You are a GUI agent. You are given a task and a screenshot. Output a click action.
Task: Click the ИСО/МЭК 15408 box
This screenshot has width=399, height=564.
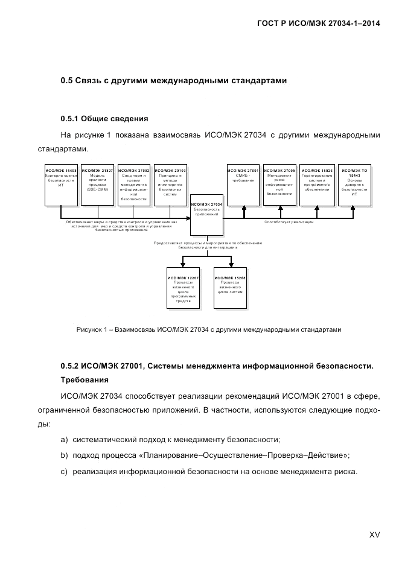(x=61, y=183)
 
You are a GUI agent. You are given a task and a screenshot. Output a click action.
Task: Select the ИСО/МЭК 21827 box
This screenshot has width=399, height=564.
(x=97, y=183)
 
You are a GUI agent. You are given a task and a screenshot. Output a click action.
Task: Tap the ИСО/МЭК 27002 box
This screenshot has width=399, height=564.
(x=133, y=183)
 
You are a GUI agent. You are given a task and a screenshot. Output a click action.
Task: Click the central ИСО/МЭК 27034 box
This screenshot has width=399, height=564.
(x=206, y=215)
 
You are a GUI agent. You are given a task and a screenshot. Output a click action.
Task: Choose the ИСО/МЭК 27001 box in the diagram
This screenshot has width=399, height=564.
(x=243, y=183)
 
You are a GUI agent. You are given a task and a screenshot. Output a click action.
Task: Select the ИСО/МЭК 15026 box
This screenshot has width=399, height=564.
(x=318, y=183)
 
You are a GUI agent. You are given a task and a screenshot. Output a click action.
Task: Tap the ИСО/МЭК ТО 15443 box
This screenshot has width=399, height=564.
(x=354, y=183)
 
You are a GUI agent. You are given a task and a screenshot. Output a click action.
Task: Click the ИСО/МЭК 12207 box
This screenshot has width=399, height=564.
(x=182, y=288)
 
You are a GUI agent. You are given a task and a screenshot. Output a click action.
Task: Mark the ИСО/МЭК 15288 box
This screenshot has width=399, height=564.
(x=231, y=288)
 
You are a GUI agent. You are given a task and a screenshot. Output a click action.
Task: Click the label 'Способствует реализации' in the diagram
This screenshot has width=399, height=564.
(x=289, y=222)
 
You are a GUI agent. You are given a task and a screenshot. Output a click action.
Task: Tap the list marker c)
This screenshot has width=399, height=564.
(x=64, y=471)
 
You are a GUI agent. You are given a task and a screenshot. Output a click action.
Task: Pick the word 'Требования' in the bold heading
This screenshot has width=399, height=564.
(x=85, y=381)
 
